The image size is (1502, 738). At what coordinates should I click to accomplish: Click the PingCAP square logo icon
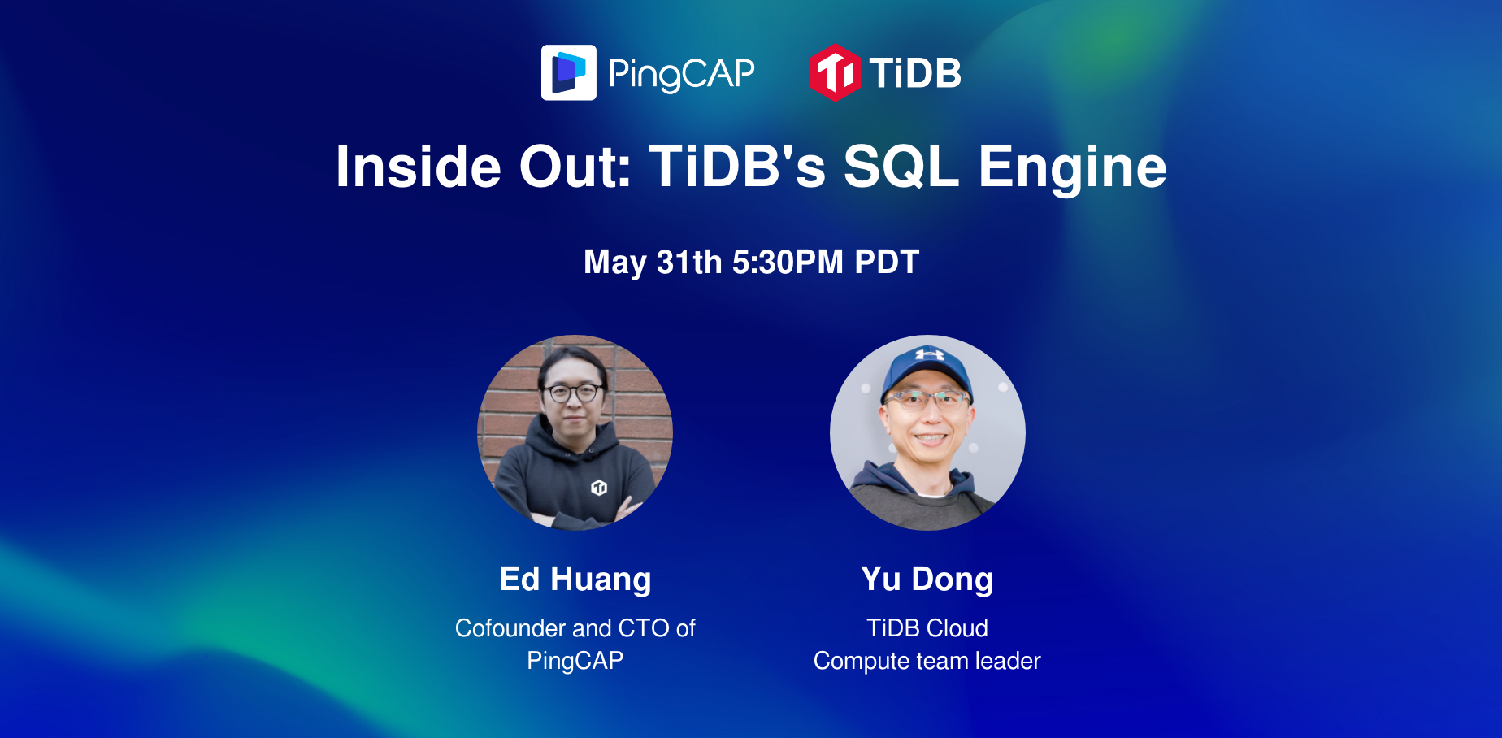569,72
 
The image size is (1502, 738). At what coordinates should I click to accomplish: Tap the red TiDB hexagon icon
835,73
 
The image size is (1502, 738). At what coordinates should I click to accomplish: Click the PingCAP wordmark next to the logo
681,74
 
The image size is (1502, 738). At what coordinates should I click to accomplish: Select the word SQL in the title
901,167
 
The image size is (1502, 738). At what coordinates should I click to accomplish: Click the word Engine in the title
1073,167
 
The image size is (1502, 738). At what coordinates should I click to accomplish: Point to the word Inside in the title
419,167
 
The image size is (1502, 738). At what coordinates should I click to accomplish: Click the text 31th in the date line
689,262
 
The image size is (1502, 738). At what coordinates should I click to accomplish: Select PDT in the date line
887,262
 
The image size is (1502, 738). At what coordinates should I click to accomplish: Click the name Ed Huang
575,580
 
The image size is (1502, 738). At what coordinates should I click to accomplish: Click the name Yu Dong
927,580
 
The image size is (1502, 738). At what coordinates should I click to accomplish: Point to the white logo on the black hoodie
599,488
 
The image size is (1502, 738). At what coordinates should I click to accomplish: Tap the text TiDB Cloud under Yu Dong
927,628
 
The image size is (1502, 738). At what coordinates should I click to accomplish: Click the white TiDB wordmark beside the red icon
915,73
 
